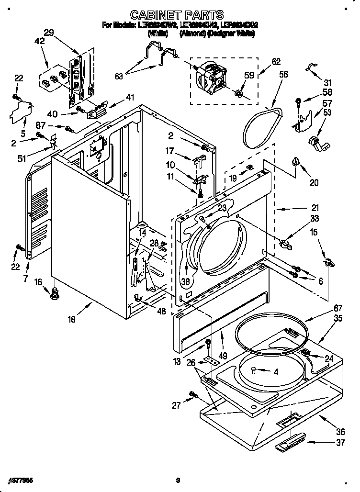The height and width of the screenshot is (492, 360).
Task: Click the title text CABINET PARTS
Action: (x=178, y=15)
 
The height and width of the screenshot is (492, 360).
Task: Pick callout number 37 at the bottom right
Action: (x=340, y=443)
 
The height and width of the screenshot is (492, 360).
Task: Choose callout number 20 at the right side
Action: (x=314, y=182)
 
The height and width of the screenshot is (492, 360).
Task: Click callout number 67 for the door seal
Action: (x=338, y=308)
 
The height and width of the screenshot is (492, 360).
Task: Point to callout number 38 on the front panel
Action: (x=185, y=282)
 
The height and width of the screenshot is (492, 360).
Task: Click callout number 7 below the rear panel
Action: (x=26, y=279)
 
